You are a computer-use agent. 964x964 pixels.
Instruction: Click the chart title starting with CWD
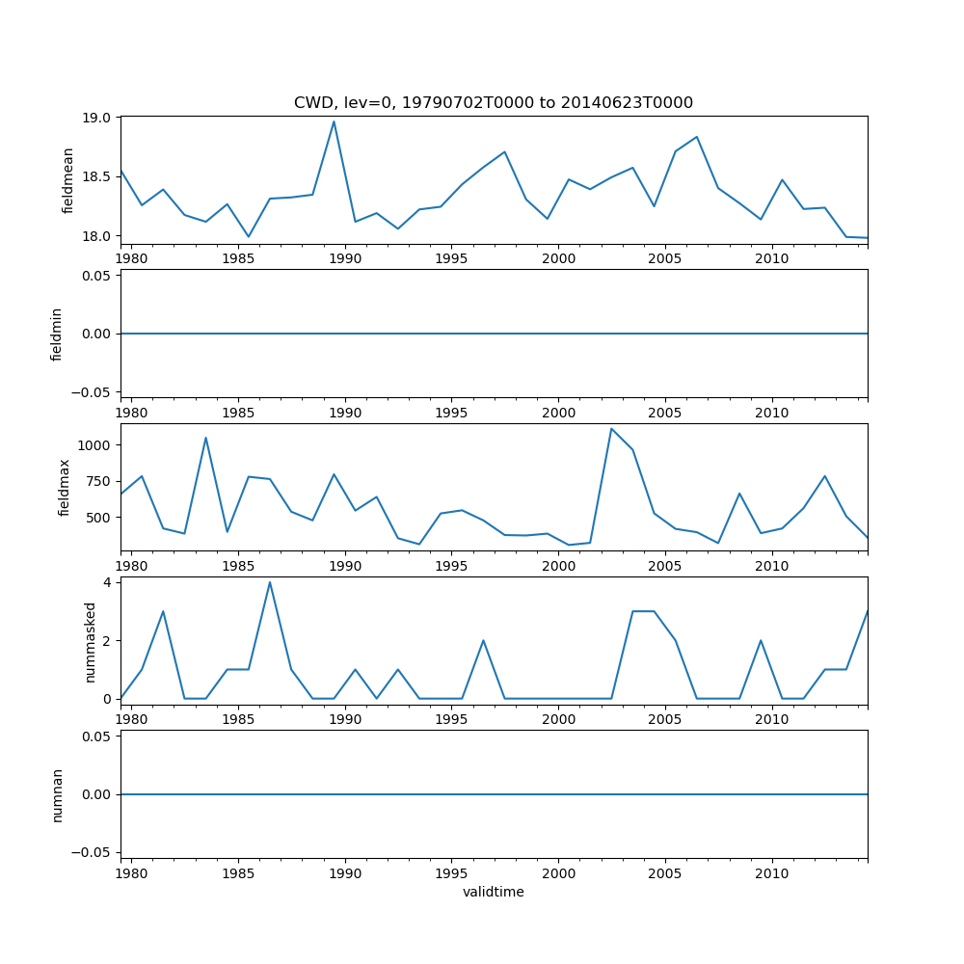tap(494, 103)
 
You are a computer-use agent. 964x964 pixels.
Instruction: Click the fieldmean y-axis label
tap(68, 180)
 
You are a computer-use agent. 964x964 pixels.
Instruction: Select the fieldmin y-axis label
tap(57, 334)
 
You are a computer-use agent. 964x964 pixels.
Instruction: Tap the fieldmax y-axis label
tap(65, 487)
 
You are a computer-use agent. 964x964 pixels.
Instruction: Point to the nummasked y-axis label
tap(91, 641)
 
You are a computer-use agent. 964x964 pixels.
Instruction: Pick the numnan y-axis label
tap(57, 794)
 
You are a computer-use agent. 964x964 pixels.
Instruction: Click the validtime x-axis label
tap(494, 892)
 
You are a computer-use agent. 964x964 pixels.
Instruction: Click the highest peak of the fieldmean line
tap(334, 120)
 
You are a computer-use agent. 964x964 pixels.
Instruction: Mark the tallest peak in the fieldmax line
tap(611, 429)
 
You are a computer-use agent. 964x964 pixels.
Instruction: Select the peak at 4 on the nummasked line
tap(270, 582)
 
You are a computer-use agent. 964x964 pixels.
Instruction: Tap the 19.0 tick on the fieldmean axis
tap(101, 118)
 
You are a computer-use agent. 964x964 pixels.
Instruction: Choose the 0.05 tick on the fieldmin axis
tap(98, 276)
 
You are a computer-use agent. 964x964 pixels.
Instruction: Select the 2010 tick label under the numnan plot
tap(771, 873)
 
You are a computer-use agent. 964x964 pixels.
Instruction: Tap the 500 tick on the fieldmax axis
tap(101, 518)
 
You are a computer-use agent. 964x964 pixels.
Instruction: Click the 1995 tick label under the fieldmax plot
tap(451, 566)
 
